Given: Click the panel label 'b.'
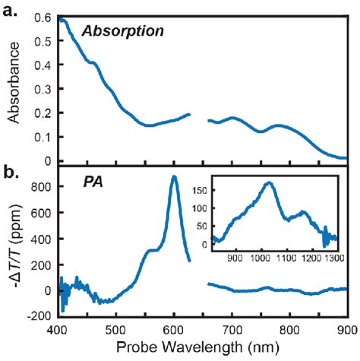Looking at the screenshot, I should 11,174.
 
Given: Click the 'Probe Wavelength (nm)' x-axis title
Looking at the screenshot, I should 202,349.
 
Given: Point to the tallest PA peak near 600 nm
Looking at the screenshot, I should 174,177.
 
